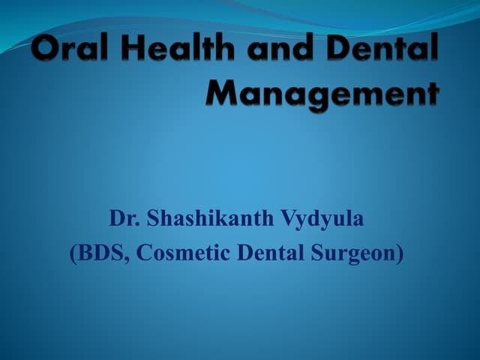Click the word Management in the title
(322, 94)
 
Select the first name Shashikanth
(210, 218)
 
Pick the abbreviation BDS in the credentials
(100, 254)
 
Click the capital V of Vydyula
(289, 218)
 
